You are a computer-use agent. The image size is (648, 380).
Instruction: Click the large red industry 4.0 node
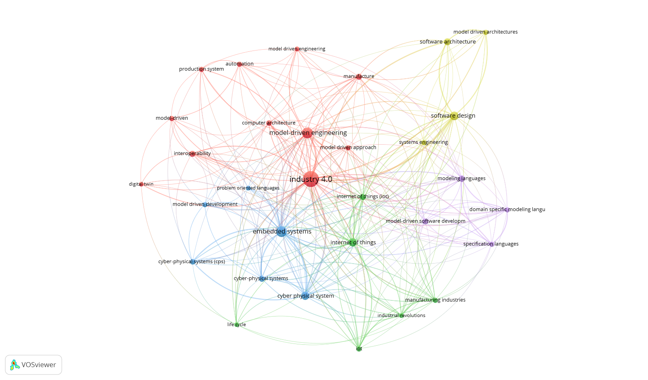tap(311, 179)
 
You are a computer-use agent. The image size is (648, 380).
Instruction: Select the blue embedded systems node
tap(282, 232)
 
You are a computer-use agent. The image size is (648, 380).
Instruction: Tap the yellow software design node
tap(454, 116)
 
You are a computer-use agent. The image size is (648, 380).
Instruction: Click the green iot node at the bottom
tap(359, 349)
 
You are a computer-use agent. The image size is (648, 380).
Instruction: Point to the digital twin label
tap(141, 184)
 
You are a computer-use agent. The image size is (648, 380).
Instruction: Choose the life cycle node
tap(237, 324)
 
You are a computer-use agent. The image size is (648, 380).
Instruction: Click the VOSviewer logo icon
tap(15, 365)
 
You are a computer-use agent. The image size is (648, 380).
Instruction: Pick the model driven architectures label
tap(485, 32)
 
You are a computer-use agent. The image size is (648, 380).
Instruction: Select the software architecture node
tap(447, 42)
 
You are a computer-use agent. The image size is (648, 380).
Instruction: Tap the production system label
tap(201, 69)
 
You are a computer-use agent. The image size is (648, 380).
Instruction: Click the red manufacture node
tap(359, 76)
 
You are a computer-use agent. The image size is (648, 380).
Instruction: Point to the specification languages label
tap(491, 244)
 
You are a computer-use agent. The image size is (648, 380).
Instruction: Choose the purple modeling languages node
tap(462, 179)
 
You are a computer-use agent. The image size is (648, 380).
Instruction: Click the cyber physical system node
tap(305, 296)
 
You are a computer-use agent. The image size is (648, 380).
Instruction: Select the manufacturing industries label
tap(435, 300)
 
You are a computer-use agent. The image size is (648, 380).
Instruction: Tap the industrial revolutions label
tap(401, 316)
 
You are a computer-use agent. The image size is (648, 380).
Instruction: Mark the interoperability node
tap(192, 154)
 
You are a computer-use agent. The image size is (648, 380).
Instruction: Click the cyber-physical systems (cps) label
tap(192, 262)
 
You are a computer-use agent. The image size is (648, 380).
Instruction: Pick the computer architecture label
tap(269, 123)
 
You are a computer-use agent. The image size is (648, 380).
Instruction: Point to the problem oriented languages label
tap(248, 188)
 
